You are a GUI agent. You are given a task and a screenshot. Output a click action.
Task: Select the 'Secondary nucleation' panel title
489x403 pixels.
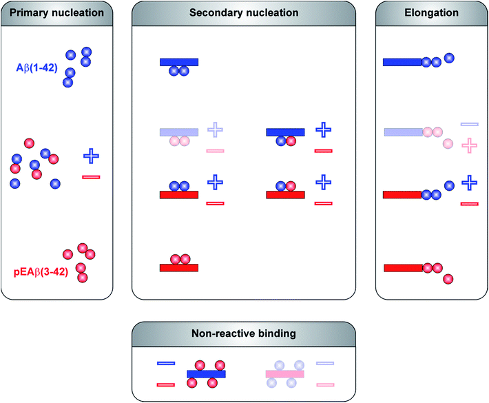click(x=244, y=12)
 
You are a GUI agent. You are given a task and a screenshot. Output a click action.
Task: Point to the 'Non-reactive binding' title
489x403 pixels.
click(x=244, y=333)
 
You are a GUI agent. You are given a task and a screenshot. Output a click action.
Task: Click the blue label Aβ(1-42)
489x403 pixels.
click(x=37, y=68)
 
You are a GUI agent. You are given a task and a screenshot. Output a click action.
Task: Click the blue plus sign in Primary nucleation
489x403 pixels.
click(x=91, y=156)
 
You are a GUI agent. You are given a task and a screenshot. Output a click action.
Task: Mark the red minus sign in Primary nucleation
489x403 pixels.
click(x=91, y=177)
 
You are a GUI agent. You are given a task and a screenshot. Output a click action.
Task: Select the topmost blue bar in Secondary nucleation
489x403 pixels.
click(x=179, y=62)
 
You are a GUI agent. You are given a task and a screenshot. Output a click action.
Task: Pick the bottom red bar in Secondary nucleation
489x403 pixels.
click(x=179, y=267)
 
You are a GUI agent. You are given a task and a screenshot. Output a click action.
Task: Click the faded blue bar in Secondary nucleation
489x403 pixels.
click(x=179, y=132)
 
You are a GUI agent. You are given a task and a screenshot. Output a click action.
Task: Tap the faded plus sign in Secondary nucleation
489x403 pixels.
click(x=215, y=129)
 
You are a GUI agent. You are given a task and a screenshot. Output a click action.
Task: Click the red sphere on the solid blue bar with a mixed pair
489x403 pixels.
click(x=291, y=141)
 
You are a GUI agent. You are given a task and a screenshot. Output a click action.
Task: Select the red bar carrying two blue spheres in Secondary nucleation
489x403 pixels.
click(x=179, y=195)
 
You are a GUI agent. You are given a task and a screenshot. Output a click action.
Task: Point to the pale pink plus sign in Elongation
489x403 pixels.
click(x=469, y=145)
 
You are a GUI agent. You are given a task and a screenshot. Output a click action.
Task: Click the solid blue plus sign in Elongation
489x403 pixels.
click(x=469, y=183)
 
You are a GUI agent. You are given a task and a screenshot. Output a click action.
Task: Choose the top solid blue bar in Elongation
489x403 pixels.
click(x=402, y=62)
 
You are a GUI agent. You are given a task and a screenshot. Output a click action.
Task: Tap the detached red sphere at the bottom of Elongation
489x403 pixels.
click(x=448, y=279)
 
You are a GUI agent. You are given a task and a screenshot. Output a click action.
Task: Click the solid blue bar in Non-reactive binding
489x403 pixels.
click(x=206, y=374)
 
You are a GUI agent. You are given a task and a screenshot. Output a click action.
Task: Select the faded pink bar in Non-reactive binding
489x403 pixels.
click(x=285, y=374)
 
